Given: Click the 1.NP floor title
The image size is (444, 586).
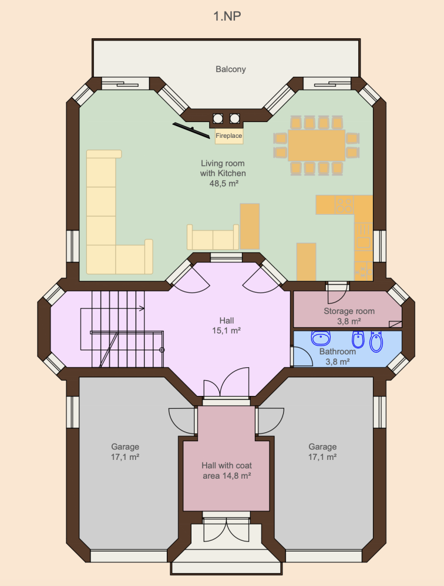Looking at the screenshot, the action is [227, 16].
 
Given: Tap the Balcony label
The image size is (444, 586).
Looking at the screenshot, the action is [230, 69].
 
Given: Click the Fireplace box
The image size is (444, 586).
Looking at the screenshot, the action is [229, 136].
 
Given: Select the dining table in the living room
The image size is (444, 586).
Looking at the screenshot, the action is [317, 145].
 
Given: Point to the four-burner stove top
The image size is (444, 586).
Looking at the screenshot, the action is [344, 205].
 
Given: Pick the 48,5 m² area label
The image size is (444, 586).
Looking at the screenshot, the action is [224, 184].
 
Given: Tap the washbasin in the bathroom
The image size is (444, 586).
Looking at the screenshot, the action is [321, 338].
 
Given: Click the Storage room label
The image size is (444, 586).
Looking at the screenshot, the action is [349, 311].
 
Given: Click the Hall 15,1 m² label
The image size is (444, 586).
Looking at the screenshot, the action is [226, 326].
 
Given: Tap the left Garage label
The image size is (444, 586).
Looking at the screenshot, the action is [125, 446].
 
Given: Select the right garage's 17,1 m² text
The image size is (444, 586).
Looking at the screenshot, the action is [322, 457].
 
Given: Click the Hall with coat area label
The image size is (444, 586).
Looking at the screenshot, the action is [227, 470].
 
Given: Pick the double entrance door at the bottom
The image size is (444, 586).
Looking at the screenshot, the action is [226, 529].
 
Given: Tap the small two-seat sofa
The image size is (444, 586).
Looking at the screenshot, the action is [213, 238].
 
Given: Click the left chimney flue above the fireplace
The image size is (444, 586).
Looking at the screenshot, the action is [218, 119].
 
